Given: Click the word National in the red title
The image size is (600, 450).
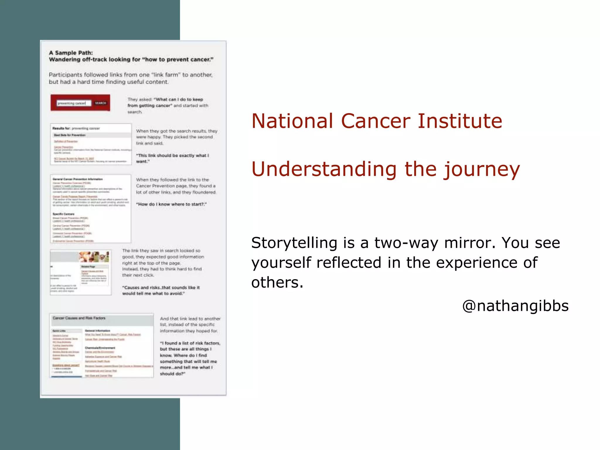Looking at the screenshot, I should pyautogui.click(x=292, y=121).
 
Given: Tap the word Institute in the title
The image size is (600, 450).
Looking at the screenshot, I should pyautogui.click(x=460, y=121).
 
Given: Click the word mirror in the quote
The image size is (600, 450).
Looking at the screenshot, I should pyautogui.click(x=469, y=243).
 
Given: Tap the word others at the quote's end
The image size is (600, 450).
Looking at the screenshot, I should pyautogui.click(x=277, y=282).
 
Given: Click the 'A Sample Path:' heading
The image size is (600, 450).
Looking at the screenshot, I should pyautogui.click(x=71, y=53).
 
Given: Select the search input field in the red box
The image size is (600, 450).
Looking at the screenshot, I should pyautogui.click(x=73, y=103).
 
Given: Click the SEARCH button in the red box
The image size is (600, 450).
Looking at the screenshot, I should pyautogui.click(x=100, y=103).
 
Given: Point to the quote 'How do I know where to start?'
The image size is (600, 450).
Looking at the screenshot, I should pyautogui.click(x=171, y=204).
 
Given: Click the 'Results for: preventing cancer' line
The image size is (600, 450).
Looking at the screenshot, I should pyautogui.click(x=76, y=128).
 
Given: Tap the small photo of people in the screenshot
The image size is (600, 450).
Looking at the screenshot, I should pyautogui.click(x=94, y=257).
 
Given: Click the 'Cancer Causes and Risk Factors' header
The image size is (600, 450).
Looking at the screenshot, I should pyautogui.click(x=79, y=318).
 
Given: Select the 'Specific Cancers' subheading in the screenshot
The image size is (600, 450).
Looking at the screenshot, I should pyautogui.click(x=64, y=214).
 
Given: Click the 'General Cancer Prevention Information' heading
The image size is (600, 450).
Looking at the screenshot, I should pyautogui.click(x=78, y=179).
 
